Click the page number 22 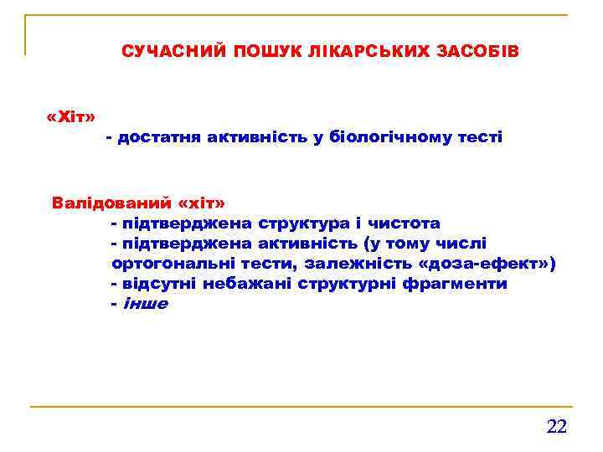click(x=556, y=427)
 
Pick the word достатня click(x=157, y=136)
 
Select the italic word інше click(x=145, y=304)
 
